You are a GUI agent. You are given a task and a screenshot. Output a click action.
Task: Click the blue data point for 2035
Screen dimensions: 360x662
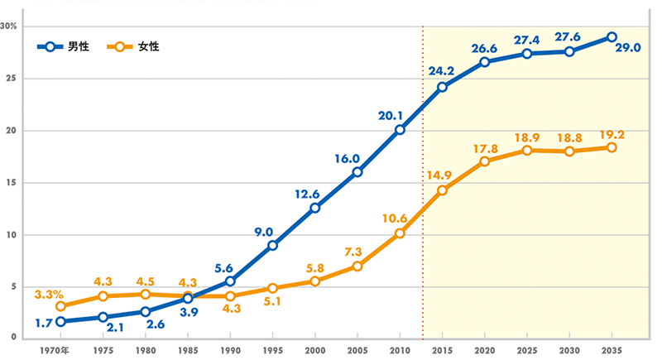click(612, 37)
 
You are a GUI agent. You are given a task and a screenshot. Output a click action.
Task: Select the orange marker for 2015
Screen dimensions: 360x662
click(443, 190)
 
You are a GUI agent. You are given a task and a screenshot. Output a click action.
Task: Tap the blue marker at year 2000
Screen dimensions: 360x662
click(315, 208)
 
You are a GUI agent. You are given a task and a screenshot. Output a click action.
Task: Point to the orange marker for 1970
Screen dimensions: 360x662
click(61, 306)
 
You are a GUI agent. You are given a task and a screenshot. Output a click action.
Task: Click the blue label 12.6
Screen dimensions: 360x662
click(307, 194)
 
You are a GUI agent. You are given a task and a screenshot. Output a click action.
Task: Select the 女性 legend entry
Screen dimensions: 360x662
click(137, 46)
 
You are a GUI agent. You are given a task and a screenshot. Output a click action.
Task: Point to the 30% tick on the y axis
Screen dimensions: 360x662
click(10, 26)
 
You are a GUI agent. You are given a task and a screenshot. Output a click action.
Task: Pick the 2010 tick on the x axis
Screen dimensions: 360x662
click(400, 350)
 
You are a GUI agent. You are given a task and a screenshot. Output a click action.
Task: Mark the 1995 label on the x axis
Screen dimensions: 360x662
click(273, 350)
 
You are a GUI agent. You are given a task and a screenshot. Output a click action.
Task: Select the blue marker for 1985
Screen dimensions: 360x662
click(188, 298)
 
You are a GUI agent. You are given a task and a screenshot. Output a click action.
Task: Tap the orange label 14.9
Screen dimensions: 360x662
click(439, 175)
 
